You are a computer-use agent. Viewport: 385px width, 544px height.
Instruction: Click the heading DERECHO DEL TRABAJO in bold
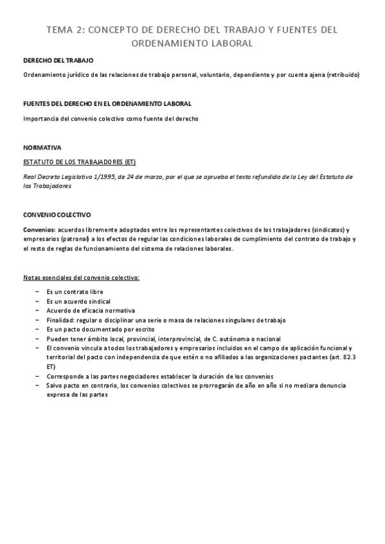click(58, 60)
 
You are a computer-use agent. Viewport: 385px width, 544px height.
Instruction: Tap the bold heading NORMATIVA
click(42, 147)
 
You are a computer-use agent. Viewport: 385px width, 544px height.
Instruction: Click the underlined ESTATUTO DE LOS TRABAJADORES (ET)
click(79, 162)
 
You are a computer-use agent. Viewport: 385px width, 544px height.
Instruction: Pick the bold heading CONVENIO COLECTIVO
click(57, 215)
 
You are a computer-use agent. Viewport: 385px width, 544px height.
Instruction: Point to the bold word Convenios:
click(39, 229)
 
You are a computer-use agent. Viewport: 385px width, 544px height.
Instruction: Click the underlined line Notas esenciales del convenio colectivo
click(81, 277)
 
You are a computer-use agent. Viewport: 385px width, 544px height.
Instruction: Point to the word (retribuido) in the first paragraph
click(343, 75)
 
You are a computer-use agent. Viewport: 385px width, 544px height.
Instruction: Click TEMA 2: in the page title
click(64, 30)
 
